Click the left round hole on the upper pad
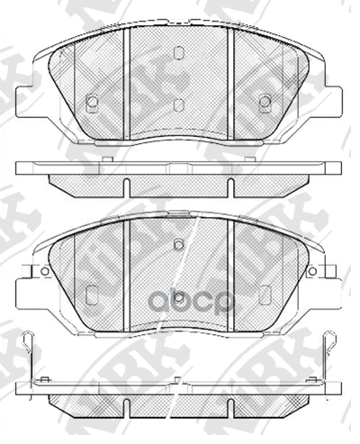tap(92, 103)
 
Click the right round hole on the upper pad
tap(265, 102)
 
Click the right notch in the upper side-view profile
tap(230, 187)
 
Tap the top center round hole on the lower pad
tap(178, 245)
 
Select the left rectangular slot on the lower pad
tap(92, 294)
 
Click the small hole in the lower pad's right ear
tap(312, 270)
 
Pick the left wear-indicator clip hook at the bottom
tap(31, 342)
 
